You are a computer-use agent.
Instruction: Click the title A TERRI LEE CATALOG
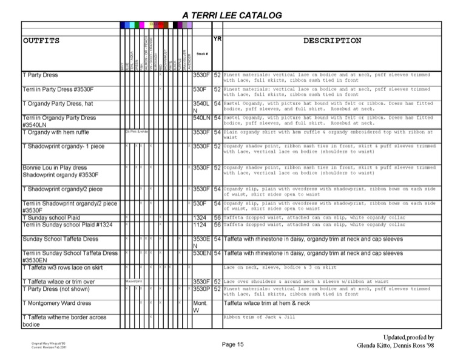232,15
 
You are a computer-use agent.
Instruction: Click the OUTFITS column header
41,41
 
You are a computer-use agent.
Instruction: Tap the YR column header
217,38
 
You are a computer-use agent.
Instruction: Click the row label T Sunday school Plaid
50,217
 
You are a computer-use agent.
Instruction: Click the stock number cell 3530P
201,289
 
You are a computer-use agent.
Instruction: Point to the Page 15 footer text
232,344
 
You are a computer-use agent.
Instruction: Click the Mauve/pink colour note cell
133,281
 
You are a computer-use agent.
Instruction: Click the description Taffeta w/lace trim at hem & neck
266,302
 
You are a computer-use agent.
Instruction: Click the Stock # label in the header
202,54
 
